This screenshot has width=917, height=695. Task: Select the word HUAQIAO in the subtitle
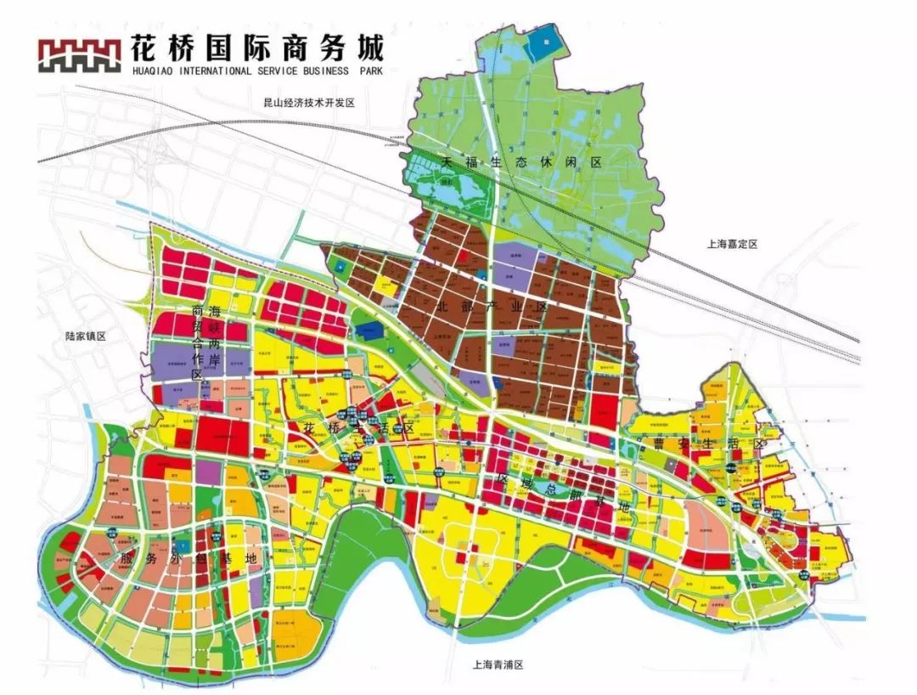point(156,71)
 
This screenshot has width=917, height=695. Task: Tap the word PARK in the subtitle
point(371,71)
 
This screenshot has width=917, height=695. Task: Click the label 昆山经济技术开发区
point(308,102)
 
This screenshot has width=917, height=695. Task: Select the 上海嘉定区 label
point(731,244)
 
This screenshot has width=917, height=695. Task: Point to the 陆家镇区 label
point(86,336)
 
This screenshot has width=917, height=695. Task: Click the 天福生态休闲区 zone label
point(520,161)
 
